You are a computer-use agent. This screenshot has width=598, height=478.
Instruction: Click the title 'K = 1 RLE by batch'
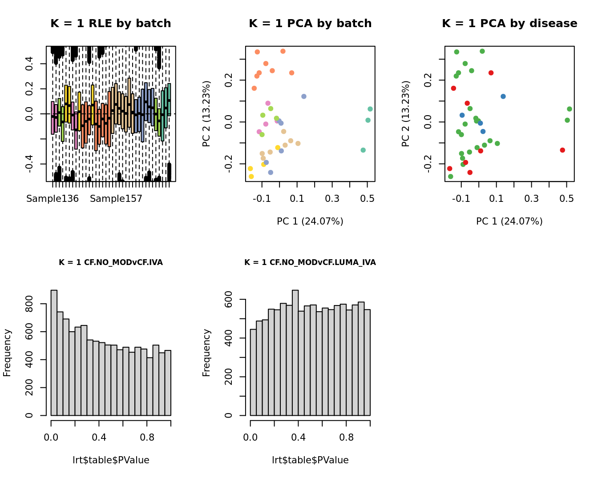[110, 24]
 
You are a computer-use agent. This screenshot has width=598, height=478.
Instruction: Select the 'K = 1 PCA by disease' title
[509, 24]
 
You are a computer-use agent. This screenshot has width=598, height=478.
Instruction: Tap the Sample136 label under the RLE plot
[53, 199]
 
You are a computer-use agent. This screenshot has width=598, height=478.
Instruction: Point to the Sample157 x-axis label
[116, 199]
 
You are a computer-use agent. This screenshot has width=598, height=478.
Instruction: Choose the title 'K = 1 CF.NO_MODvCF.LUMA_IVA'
[310, 262]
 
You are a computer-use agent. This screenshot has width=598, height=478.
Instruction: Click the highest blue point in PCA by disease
[503, 96]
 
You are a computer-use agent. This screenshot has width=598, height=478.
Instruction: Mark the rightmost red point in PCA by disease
[562, 150]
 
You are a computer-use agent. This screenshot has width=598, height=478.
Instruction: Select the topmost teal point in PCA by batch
[370, 109]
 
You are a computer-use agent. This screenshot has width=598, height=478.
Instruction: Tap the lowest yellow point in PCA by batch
[251, 177]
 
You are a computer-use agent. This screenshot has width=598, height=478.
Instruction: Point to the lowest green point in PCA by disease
[450, 177]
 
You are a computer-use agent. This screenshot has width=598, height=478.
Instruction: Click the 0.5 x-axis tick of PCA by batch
[367, 198]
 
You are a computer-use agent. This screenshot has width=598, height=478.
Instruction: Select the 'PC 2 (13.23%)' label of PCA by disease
[405, 114]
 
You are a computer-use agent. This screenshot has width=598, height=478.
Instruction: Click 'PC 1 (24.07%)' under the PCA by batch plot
[310, 221]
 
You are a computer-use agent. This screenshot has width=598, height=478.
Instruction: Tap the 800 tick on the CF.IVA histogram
[30, 304]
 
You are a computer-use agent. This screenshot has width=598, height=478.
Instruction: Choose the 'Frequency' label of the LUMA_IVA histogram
[206, 353]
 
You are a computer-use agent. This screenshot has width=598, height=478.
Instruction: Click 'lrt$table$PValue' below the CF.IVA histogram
[111, 460]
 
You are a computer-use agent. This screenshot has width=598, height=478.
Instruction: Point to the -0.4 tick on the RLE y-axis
[29, 164]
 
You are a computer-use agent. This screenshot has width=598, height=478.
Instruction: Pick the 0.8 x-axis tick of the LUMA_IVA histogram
[346, 438]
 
